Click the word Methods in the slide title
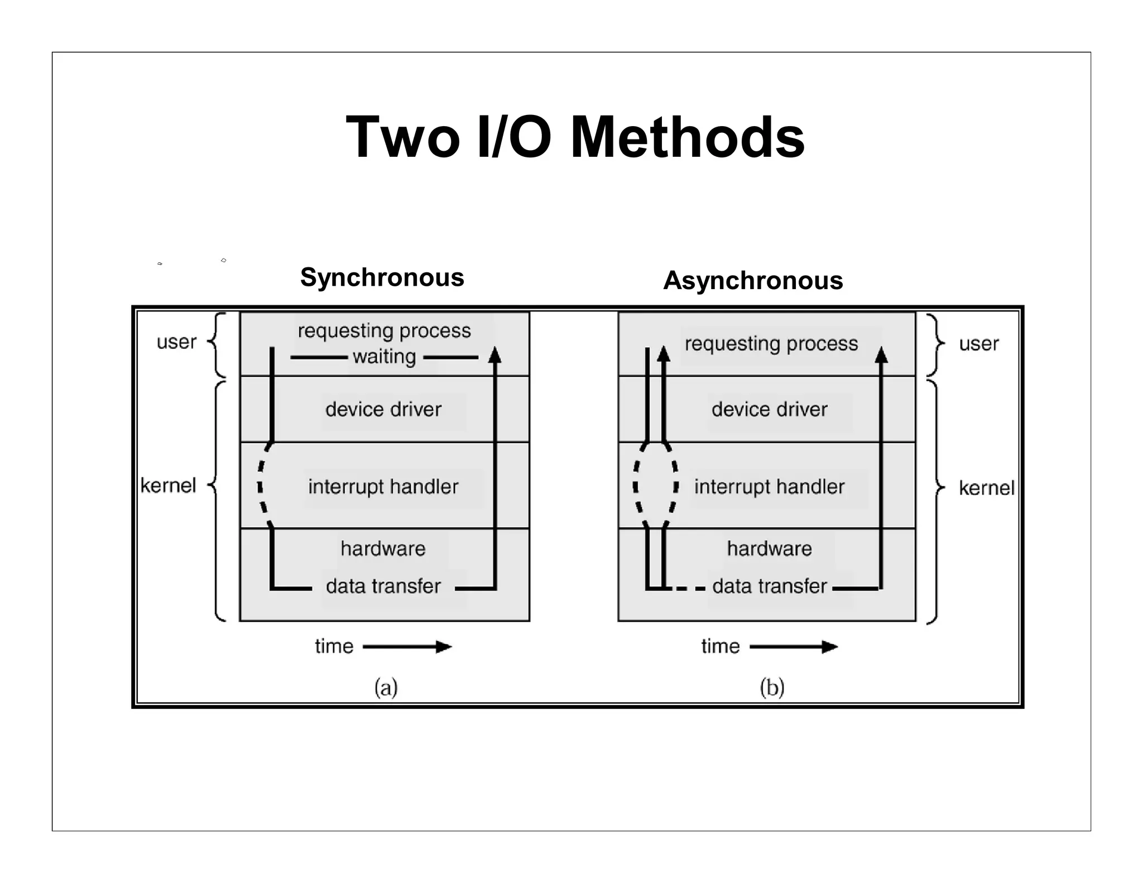pos(687,138)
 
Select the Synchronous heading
pos(382,277)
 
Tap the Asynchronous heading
pos(752,280)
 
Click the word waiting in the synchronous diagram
pos(384,357)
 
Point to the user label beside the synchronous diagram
pos(176,342)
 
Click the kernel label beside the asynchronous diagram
pos(986,488)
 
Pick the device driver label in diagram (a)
pos(383,410)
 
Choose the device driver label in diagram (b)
pos(769,410)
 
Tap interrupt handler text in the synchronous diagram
pos(383,487)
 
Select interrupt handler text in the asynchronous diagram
pos(769,487)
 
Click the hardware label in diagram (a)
pos(383,549)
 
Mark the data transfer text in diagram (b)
pos(769,587)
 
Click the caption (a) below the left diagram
pos(386,688)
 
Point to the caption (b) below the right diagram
pos(772,688)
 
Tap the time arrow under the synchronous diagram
pos(407,647)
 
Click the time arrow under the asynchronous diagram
pos(794,647)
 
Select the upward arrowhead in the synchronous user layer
pos(494,356)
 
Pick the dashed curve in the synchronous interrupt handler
pos(261,486)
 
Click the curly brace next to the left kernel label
pos(217,500)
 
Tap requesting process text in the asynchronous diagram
pos(771,344)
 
